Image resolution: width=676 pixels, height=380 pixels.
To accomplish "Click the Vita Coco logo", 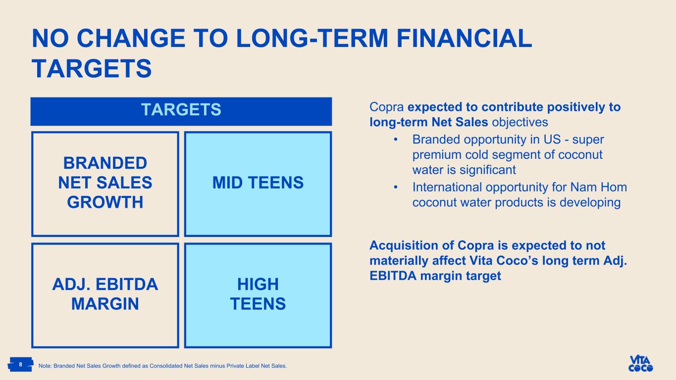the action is [640, 363].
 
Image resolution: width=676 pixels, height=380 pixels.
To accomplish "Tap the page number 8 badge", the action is [20, 364].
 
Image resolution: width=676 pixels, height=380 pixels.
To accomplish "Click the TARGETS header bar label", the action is [181, 109].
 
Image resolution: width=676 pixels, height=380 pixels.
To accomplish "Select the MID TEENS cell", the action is [258, 184].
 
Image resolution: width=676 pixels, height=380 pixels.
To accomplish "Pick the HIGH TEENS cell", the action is [258, 295].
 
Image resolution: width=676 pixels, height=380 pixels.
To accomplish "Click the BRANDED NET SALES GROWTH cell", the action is [105, 184].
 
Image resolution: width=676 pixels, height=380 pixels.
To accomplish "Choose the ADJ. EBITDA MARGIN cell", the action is [105, 295].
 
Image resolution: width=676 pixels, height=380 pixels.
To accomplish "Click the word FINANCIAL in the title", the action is [464, 38].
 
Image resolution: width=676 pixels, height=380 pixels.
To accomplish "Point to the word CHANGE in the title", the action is [131, 38].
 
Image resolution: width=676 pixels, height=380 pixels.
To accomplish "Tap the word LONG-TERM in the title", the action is [312, 38].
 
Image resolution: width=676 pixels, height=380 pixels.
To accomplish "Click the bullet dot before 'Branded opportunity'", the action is [396, 140].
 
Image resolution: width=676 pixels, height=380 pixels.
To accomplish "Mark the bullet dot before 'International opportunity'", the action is [396, 188].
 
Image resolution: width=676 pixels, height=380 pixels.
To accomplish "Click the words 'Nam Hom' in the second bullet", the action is [598, 187].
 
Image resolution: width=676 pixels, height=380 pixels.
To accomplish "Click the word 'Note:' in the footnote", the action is [45, 366].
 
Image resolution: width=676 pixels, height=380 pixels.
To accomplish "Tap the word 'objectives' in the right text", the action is [520, 122].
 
